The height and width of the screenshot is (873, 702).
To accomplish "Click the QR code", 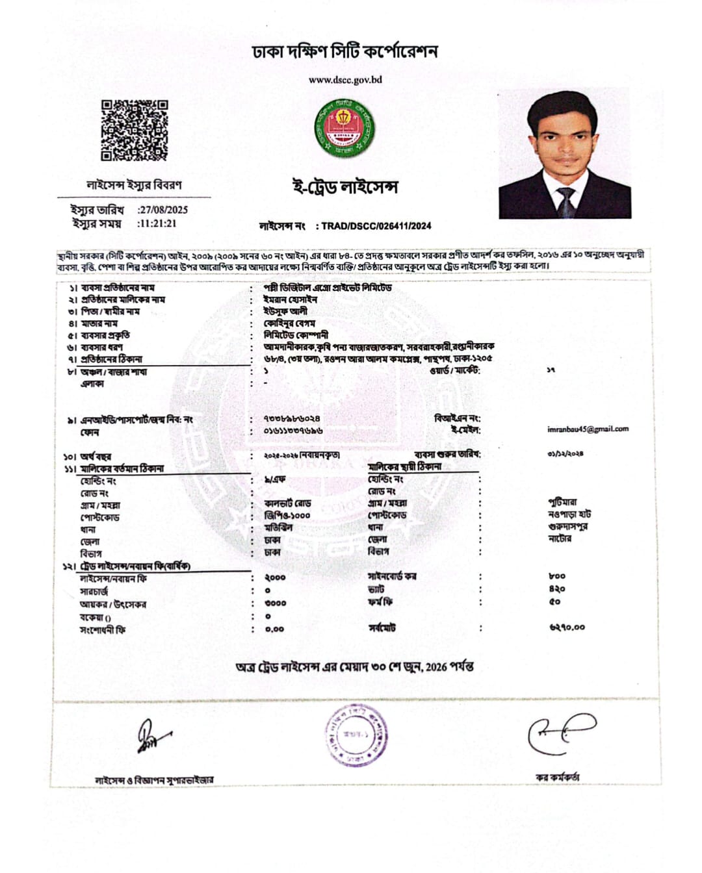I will (x=134, y=130).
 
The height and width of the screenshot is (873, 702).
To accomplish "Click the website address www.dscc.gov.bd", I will (x=345, y=80).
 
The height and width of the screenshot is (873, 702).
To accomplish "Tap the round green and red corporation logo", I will (x=345, y=127).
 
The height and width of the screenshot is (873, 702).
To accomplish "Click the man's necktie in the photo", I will (x=565, y=202).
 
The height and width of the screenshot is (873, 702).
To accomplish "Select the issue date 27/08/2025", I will (x=164, y=210).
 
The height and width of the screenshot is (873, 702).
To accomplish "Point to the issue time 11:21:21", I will (x=157, y=223).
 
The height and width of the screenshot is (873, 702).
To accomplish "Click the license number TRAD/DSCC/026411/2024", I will (x=376, y=226).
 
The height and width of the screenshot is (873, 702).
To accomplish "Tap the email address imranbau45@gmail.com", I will (x=588, y=429).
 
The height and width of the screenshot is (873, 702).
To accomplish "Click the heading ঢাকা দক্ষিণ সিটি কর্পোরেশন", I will (x=345, y=51).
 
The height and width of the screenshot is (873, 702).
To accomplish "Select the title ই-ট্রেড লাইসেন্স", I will (x=344, y=186).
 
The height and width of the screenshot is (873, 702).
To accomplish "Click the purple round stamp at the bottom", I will (x=357, y=735).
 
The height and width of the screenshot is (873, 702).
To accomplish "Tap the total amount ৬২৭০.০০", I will (x=566, y=627).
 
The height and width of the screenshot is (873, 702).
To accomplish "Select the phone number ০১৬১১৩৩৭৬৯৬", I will (x=293, y=431).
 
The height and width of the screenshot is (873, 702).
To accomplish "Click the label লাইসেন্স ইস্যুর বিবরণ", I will (x=134, y=185).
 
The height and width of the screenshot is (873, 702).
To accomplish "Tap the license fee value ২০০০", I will (x=275, y=577).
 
